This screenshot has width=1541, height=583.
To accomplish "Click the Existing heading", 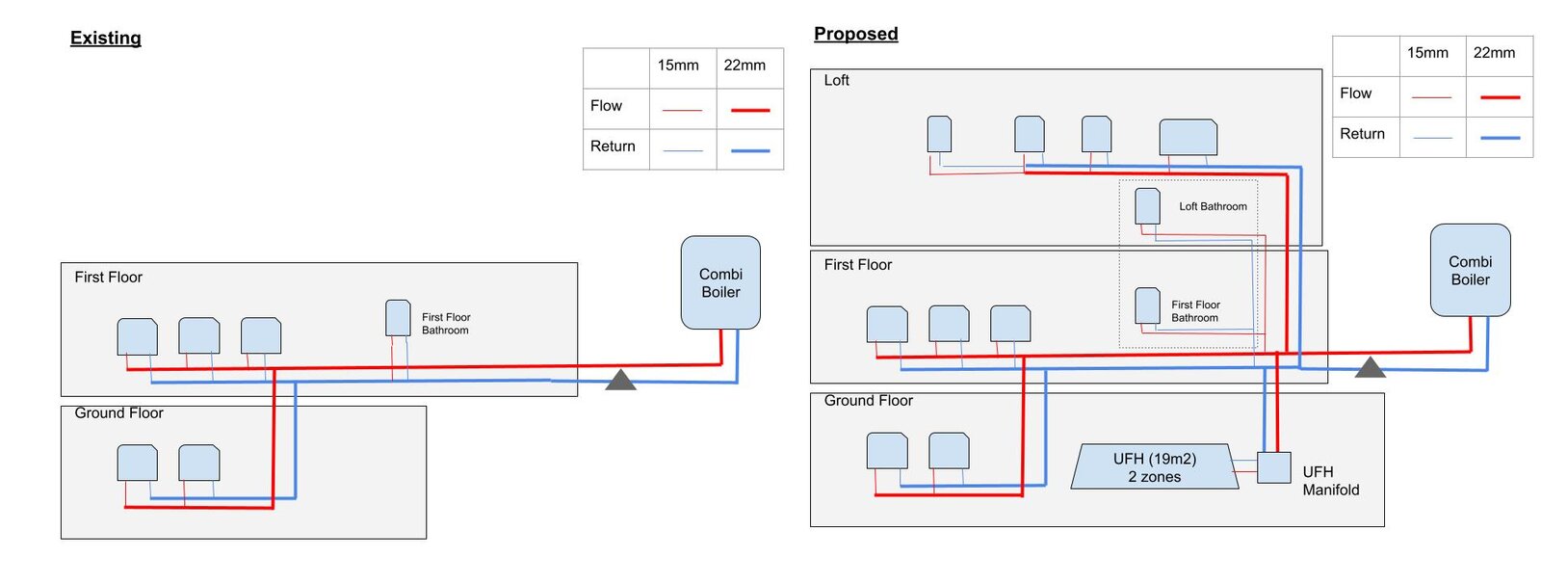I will click(x=106, y=39).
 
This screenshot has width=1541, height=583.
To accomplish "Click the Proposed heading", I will click(x=855, y=35).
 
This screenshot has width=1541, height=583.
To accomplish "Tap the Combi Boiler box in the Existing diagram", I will click(x=720, y=282).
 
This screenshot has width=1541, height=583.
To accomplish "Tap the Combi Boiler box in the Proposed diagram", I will click(x=1470, y=270).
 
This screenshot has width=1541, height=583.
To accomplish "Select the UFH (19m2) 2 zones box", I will click(x=1154, y=467).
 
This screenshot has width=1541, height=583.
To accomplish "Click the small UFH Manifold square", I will click(x=1273, y=467).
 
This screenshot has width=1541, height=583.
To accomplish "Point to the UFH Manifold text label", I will click(x=1330, y=481).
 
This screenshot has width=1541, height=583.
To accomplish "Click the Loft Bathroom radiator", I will click(x=1147, y=206).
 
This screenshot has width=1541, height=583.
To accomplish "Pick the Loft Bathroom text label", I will click(x=1213, y=206).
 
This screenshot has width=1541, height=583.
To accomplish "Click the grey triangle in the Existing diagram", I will click(x=620, y=381).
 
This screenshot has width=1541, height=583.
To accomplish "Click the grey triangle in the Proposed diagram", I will click(x=1370, y=368).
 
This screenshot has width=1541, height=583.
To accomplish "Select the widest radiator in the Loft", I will click(x=1188, y=137).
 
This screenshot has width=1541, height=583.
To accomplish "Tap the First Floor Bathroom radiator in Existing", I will click(x=398, y=318).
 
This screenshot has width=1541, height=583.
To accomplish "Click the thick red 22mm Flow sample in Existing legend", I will click(x=750, y=110).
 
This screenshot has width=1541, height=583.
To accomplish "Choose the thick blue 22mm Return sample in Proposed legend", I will click(x=1500, y=138).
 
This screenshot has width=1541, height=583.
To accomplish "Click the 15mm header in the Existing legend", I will click(x=678, y=66).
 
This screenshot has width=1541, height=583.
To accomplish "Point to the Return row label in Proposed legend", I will click(x=1362, y=134).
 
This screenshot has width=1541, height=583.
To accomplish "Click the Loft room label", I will click(x=836, y=81).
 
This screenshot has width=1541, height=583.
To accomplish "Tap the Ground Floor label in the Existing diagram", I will click(x=118, y=413).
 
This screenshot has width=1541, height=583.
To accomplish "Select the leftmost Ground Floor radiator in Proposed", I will click(x=887, y=451).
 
